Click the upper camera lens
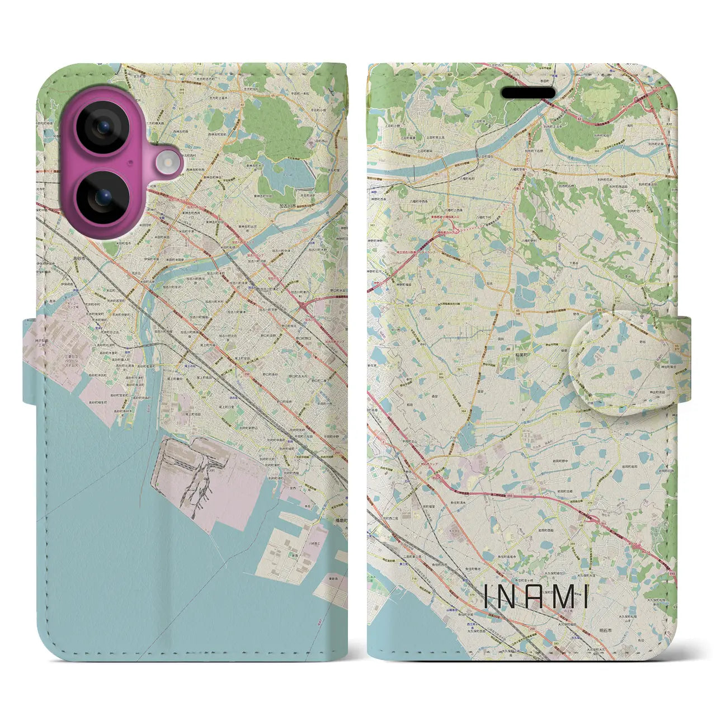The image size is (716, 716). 102,128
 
